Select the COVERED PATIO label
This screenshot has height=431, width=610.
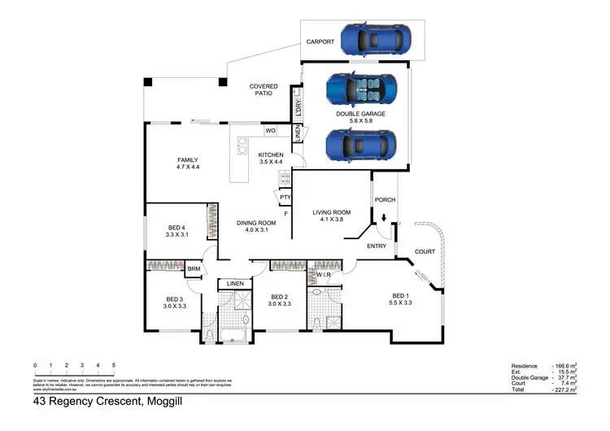pyautogui.click(x=263, y=89)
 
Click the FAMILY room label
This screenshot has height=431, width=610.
pyautogui.click(x=188, y=160)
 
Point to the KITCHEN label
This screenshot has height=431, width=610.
pyautogui.click(x=271, y=155)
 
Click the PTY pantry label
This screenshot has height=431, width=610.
pyautogui.click(x=285, y=197)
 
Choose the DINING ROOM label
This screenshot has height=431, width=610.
pyautogui.click(x=256, y=223)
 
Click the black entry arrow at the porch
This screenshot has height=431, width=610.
pyautogui.click(x=383, y=217)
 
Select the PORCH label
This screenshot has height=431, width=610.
pyautogui.click(x=384, y=200)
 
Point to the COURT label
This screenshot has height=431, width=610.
pyautogui.click(x=425, y=251)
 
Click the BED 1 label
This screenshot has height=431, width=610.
pyautogui.click(x=401, y=295)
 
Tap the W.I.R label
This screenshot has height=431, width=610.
pyautogui.click(x=323, y=274)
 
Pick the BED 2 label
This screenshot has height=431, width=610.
pyautogui.click(x=279, y=297)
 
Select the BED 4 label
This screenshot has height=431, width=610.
pyautogui.click(x=176, y=228)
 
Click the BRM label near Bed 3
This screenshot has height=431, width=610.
pyautogui.click(x=194, y=269)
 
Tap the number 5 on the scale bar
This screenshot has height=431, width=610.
pyautogui.click(x=113, y=365)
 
